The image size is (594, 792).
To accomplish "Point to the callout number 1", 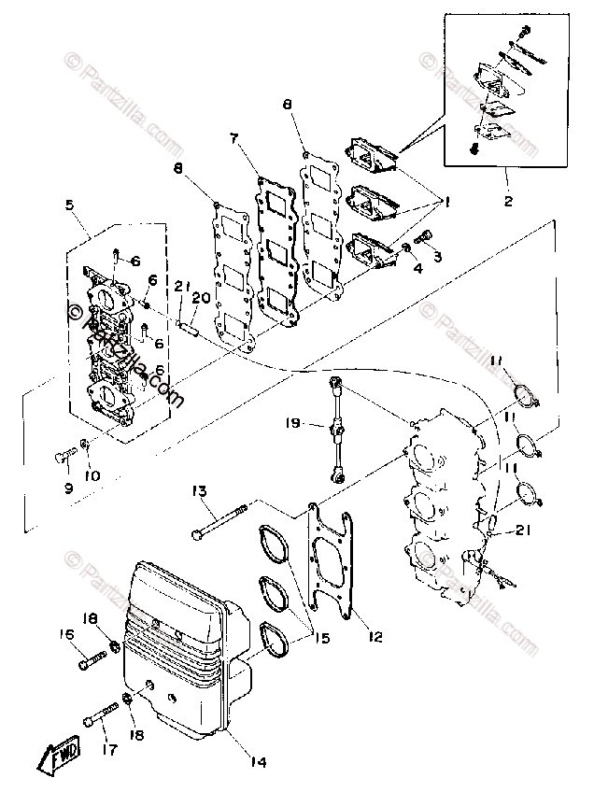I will [x=446, y=200].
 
